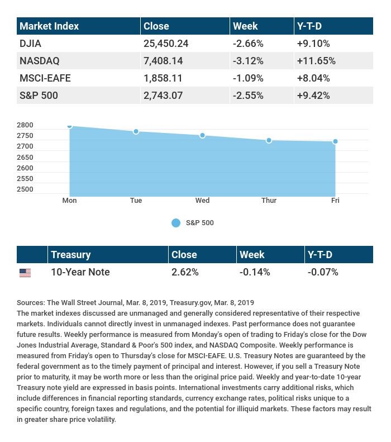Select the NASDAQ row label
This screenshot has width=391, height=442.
pos(39,60)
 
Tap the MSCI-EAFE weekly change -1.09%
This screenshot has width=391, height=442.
pos(248,78)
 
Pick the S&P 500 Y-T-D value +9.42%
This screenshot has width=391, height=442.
pos(313,96)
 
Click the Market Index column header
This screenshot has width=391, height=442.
pos(49,26)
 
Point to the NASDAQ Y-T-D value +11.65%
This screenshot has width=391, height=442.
pos(316,60)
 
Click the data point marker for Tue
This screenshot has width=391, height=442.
pos(136,131)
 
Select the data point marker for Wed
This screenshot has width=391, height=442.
pos(202,136)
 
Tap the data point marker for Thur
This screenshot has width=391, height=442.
pos(269,140)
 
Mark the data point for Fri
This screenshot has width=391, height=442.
pos(335,141)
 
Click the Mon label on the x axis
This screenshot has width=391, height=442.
pos(69,201)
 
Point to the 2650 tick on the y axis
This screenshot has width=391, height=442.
pos(25,157)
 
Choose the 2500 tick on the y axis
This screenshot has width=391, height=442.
pos(25,189)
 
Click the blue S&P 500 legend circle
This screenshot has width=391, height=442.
pos(176,223)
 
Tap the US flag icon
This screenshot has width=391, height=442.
pos(25,273)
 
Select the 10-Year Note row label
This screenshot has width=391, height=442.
pos(80,272)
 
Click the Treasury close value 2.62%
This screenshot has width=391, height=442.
pos(185,272)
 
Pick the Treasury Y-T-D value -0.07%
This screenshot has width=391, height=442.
pos(323,272)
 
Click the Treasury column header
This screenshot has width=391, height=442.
pos(70,254)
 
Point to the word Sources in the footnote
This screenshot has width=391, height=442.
pos(31,302)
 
